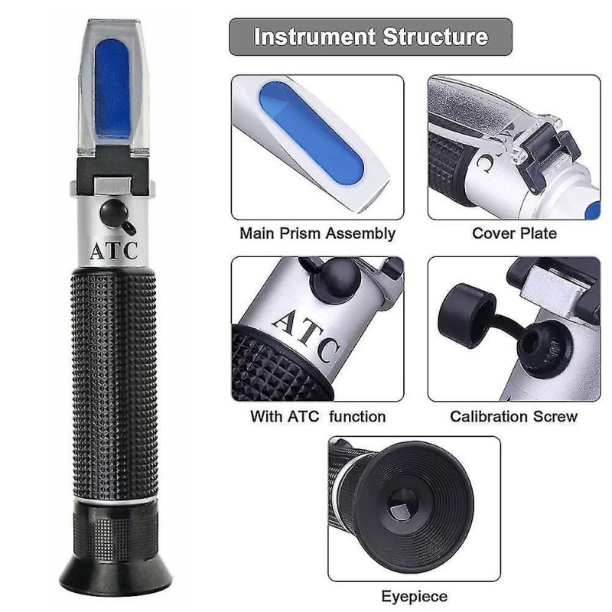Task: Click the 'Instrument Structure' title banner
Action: [x=370, y=37]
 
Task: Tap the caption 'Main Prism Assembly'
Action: [x=317, y=233]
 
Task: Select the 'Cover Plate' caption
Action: [x=513, y=233]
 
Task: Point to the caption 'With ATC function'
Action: [x=317, y=417]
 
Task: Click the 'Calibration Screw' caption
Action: [x=513, y=417]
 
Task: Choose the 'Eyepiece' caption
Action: [x=414, y=596]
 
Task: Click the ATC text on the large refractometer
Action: [x=114, y=251]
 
